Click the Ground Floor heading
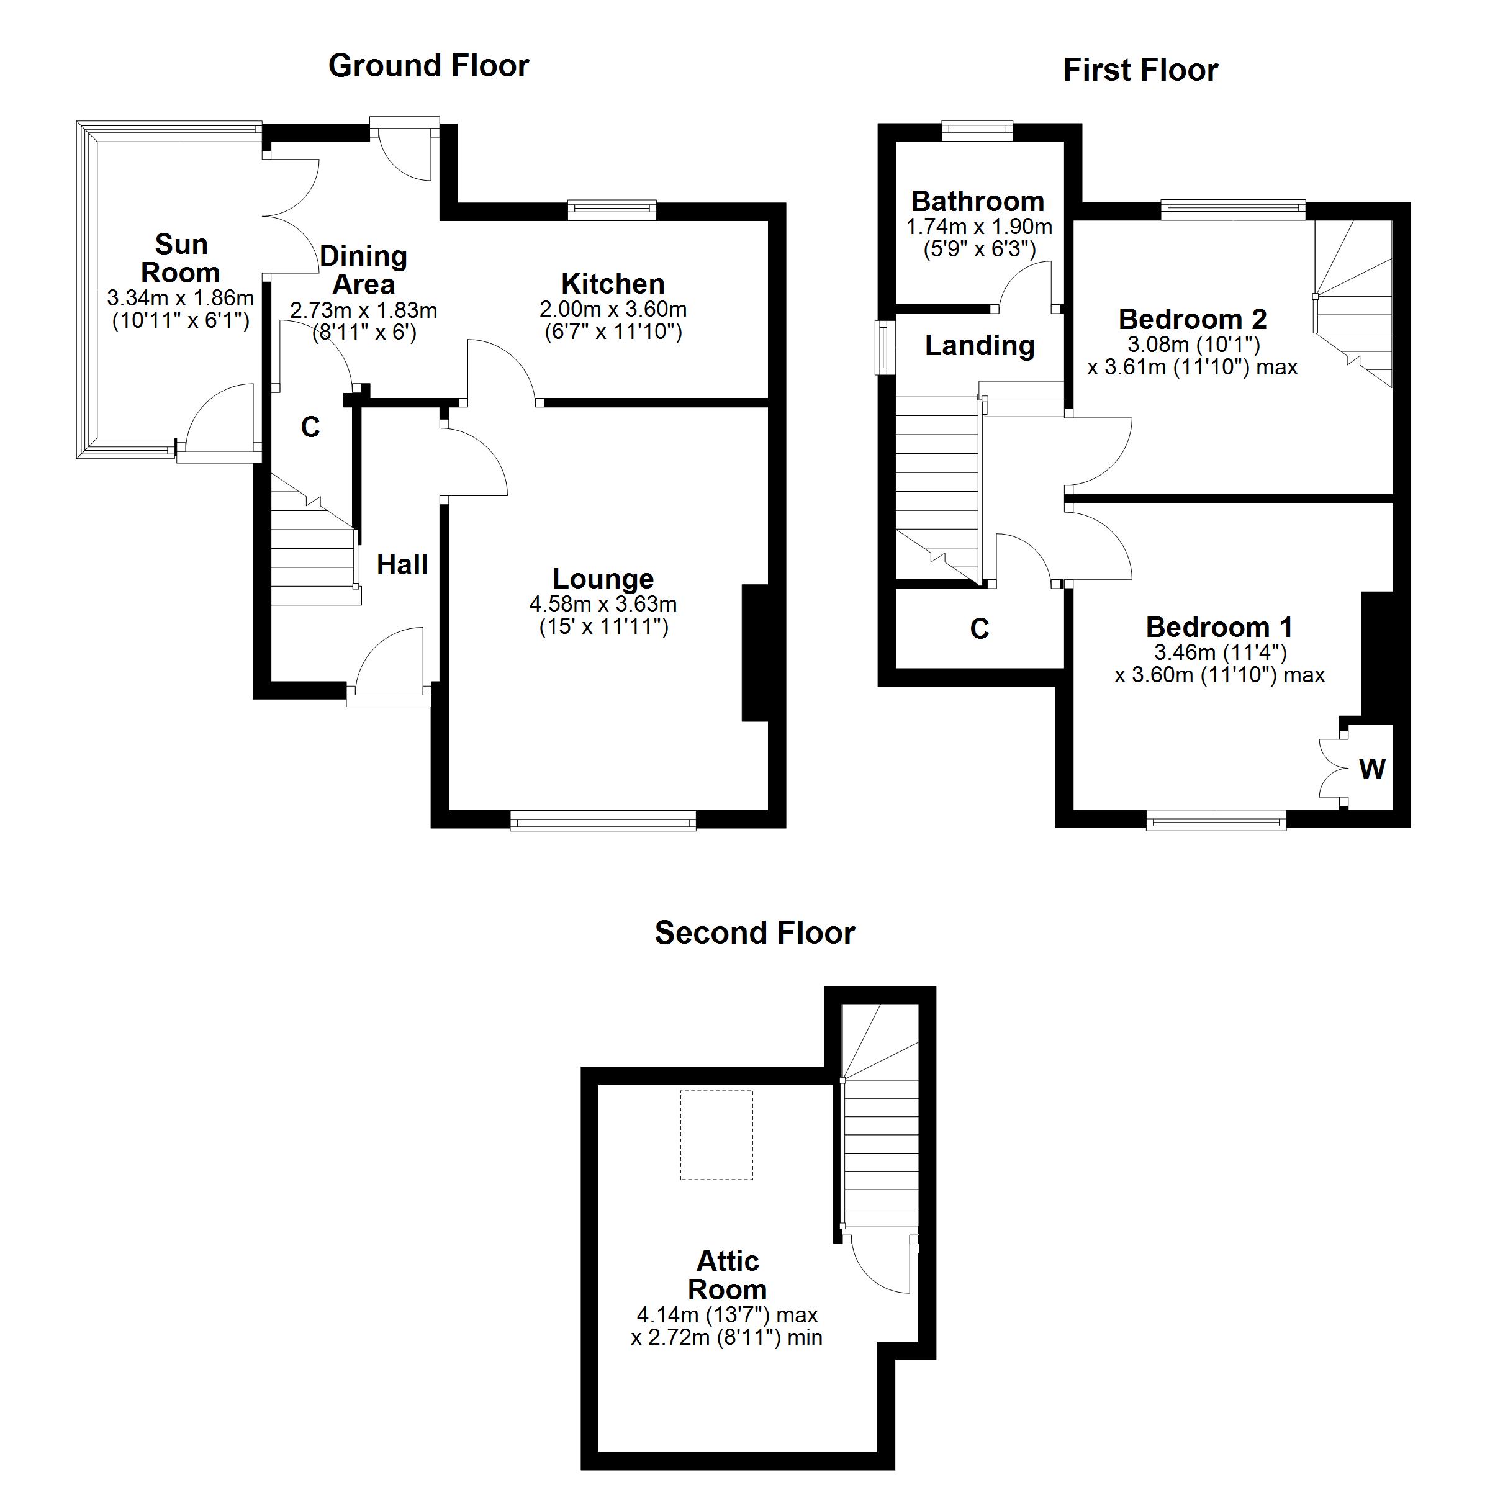click(429, 66)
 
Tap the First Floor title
click(1140, 71)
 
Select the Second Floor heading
click(754, 934)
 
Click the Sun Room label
click(181, 258)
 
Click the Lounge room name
click(603, 579)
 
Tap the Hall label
click(402, 566)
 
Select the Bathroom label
click(977, 202)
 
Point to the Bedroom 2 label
click(1192, 319)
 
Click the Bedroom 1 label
click(1219, 627)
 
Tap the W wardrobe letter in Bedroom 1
click(1372, 769)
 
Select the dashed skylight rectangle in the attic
click(716, 1134)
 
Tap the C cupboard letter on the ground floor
click(310, 427)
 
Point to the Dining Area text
click(363, 271)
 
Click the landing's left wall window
click(882, 348)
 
